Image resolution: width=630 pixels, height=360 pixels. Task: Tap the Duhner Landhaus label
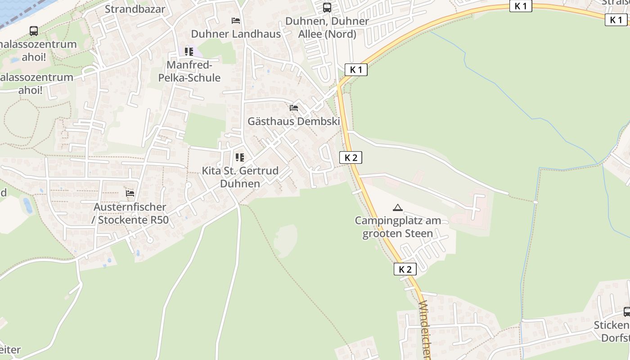[x=236, y=34]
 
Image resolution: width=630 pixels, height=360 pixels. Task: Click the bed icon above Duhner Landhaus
[x=236, y=20]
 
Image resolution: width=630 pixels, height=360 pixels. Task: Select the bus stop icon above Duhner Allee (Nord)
[x=327, y=7]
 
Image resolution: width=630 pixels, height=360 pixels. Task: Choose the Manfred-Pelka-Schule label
[x=189, y=71]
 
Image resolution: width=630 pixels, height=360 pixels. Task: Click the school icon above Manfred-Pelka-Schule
[x=189, y=52]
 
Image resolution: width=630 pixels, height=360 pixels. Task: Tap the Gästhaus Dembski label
[x=293, y=121]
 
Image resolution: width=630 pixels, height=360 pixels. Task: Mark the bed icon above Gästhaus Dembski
[x=294, y=108]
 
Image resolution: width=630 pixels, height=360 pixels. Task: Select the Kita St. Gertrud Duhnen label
[x=240, y=177]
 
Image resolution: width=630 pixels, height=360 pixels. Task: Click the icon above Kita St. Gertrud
[x=240, y=157]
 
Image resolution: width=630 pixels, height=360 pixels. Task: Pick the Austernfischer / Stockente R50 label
[x=130, y=213]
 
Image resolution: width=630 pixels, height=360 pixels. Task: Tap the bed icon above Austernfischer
[x=130, y=193]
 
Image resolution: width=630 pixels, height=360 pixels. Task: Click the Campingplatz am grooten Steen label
[x=398, y=227]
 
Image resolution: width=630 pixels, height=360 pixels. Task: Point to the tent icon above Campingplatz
[x=397, y=207]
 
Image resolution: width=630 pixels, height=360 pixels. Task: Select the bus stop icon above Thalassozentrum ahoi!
[x=34, y=31]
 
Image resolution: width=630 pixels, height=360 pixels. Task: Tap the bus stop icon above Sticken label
[x=626, y=312]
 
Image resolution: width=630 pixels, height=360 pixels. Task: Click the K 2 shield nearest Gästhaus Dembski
[x=351, y=157]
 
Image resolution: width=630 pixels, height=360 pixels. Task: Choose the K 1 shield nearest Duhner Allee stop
[x=356, y=70]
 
